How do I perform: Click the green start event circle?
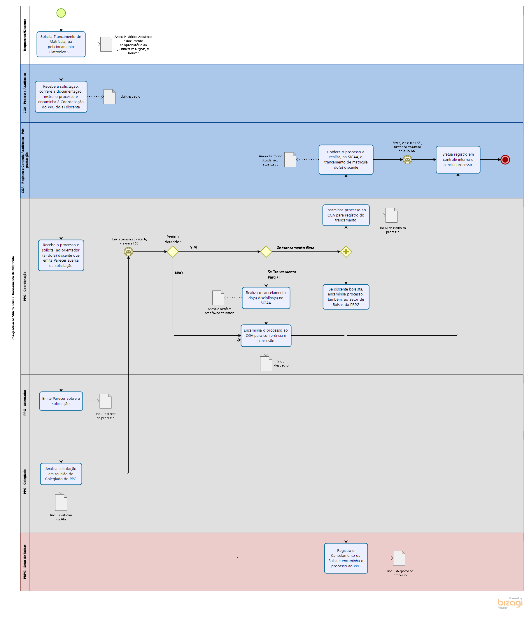point(61,13)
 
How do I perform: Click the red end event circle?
point(505,160)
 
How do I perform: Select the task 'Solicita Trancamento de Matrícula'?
point(61,44)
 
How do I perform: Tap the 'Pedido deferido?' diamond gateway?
point(173,251)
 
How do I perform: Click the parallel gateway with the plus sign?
point(346,251)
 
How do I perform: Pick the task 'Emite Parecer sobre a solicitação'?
point(61,401)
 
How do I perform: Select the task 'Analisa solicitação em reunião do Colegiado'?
point(61,474)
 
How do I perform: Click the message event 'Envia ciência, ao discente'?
point(128,251)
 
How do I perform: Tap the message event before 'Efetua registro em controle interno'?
point(407,160)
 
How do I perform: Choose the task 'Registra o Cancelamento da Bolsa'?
point(346,558)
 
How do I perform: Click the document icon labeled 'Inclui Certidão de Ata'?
point(61,503)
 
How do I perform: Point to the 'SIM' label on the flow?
point(193,247)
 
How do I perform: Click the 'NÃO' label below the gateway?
point(178,273)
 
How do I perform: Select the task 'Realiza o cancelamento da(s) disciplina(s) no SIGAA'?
point(266,298)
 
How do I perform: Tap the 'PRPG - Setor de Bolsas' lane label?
point(25,562)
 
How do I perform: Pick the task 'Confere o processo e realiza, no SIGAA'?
point(346,160)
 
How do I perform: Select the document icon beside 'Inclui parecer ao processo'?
point(105,401)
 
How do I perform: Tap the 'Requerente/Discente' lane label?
point(25,35)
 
